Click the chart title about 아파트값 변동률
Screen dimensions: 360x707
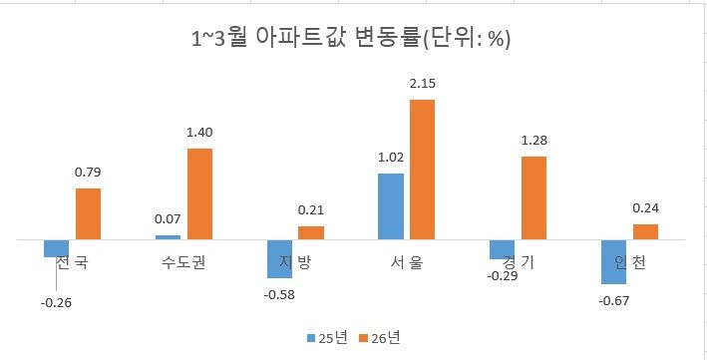click(352, 40)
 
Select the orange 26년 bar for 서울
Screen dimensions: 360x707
click(423, 170)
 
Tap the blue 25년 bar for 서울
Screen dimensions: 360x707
click(391, 206)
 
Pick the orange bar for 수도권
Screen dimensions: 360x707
click(199, 194)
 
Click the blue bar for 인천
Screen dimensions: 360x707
click(613, 262)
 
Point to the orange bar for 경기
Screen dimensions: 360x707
click(534, 198)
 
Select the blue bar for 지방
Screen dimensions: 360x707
click(279, 259)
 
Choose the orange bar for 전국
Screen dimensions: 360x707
click(88, 214)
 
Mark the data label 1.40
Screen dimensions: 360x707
click(199, 132)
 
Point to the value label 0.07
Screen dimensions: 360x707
click(168, 218)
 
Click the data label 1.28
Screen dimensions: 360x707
click(534, 140)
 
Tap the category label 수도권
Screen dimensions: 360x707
click(183, 264)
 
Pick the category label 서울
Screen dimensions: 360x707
click(407, 264)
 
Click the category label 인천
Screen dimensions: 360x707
click(629, 264)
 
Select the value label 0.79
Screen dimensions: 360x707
click(88, 172)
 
